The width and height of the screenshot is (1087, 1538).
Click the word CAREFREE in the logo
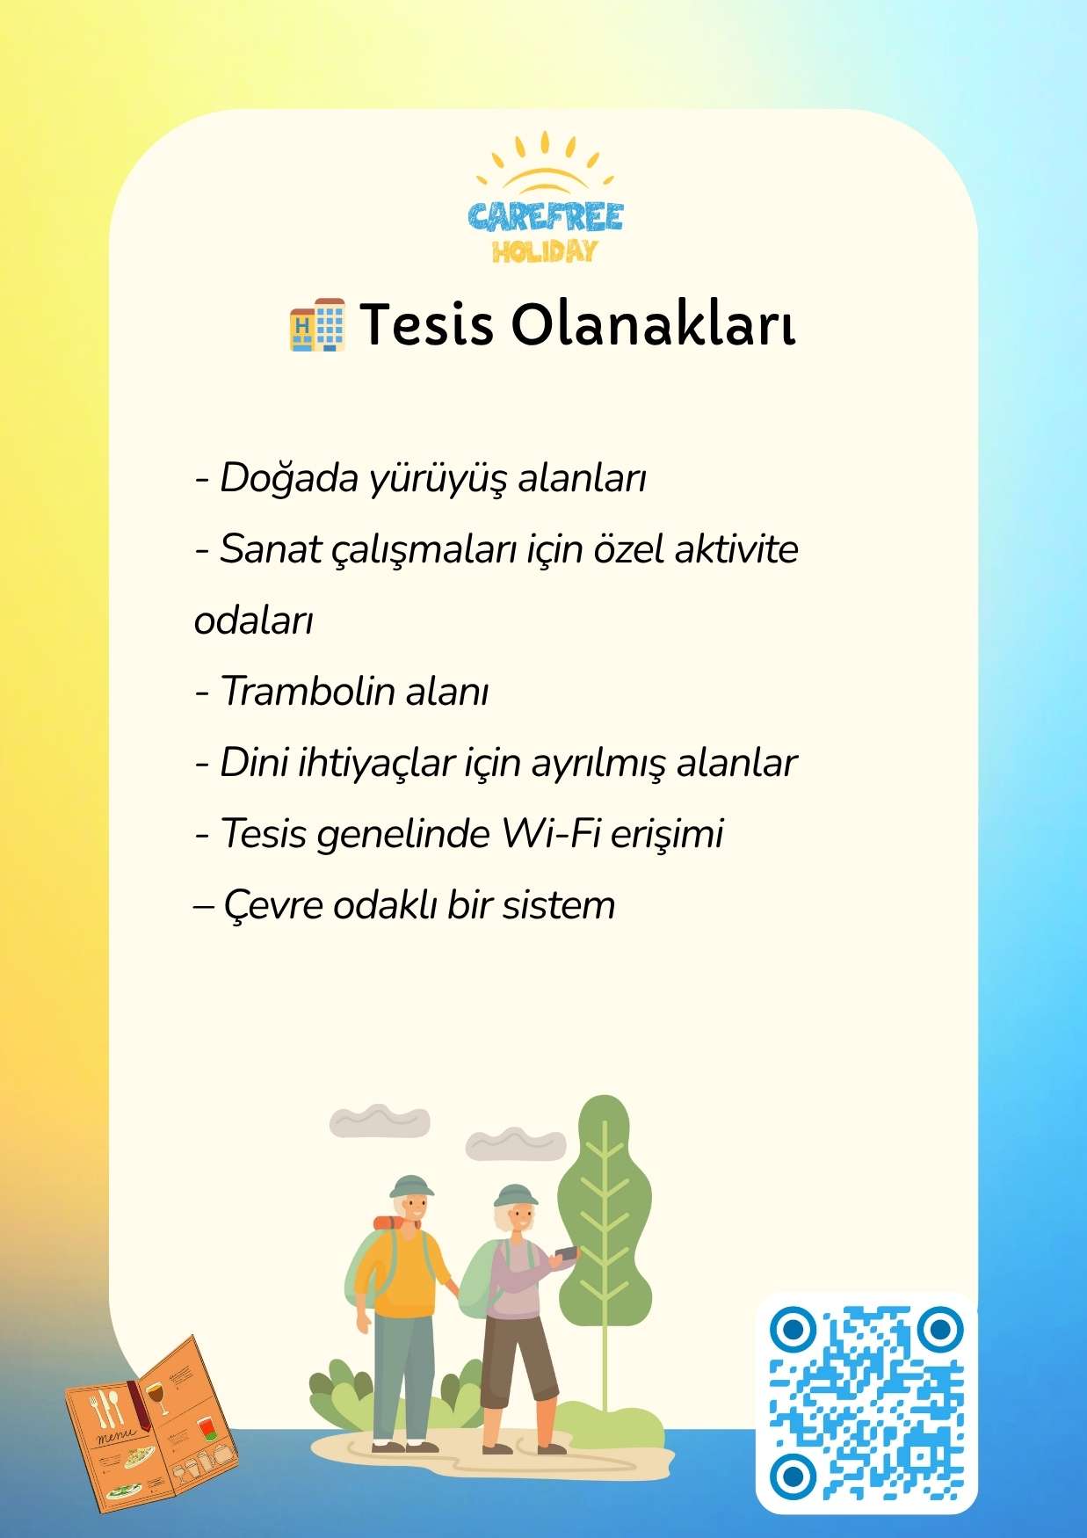pos(545,216)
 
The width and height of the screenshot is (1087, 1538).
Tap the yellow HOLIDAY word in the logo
pos(545,252)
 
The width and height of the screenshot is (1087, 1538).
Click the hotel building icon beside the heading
pos(317,325)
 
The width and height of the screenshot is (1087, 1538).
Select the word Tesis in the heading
pos(426,324)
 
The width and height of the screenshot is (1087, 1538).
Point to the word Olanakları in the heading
pos(654,324)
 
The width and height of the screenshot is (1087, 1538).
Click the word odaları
pos(254,621)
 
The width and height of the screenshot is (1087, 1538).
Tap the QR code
pos(866,1403)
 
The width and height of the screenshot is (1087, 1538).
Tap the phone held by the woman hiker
pos(567,1252)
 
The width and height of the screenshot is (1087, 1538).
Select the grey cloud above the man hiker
pos(380,1121)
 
